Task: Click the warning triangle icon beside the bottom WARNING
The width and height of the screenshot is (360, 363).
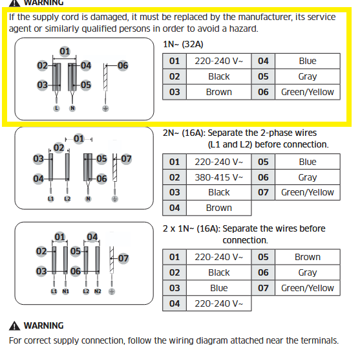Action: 14,325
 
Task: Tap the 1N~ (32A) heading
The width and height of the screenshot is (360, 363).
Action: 183,44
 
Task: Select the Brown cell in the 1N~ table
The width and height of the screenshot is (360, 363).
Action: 218,92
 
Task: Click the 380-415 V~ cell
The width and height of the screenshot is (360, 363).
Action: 218,177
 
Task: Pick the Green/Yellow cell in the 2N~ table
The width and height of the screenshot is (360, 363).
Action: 308,192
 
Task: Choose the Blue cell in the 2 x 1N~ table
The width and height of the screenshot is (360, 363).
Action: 218,288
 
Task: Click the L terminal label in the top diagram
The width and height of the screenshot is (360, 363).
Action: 56,108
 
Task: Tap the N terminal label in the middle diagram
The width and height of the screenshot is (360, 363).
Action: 88,199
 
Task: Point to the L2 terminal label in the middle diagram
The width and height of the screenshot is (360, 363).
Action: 67,199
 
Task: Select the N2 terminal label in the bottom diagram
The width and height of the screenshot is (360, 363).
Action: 98,291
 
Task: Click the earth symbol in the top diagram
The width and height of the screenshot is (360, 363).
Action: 105,108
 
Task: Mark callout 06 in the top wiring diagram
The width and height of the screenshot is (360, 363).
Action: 123,65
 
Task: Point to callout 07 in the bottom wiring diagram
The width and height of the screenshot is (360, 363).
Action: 123,258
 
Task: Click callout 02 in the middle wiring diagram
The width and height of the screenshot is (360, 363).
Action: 59,148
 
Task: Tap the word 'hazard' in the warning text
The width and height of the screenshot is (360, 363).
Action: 243,28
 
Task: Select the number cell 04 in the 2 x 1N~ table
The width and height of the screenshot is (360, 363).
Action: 175,303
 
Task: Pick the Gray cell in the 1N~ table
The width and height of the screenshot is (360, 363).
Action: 308,76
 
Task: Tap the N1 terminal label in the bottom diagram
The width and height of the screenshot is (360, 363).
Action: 65,291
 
